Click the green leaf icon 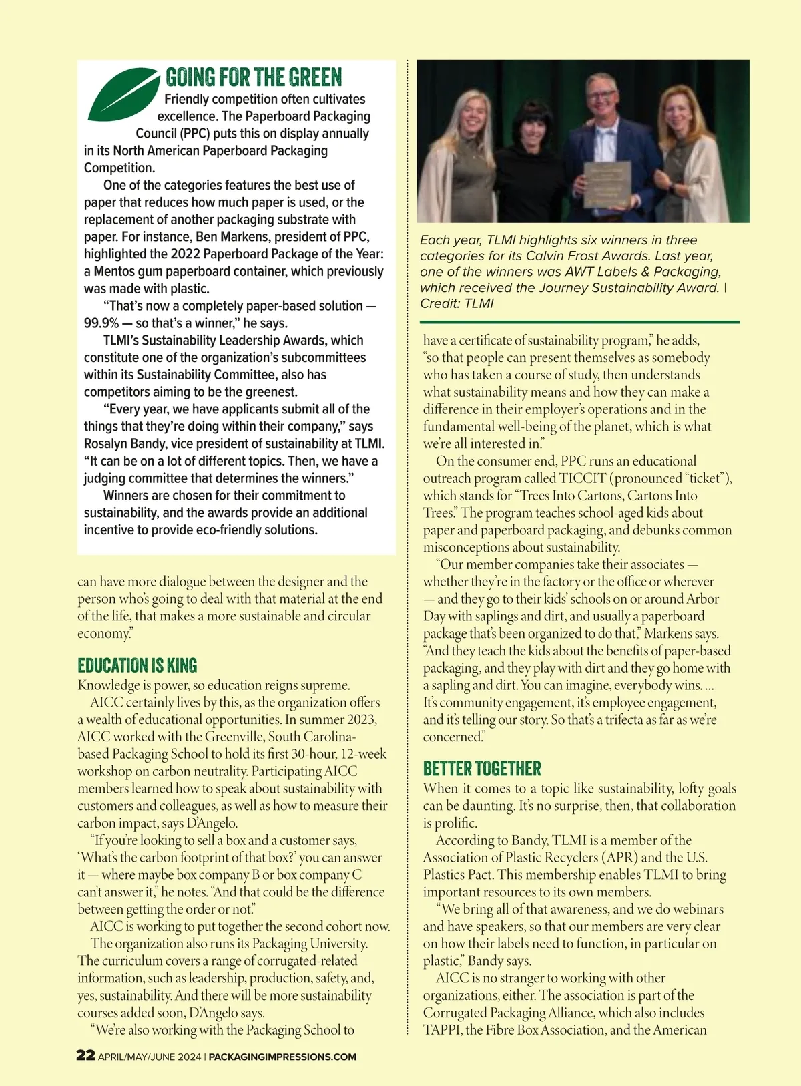click(124, 95)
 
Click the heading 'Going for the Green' click(254, 77)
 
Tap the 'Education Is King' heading click(138, 665)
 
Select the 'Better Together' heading click(482, 769)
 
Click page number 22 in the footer click(85, 1055)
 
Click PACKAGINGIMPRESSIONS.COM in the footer click(283, 1057)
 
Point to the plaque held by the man click(608, 184)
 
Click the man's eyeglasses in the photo click(600, 94)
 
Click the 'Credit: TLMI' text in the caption click(457, 303)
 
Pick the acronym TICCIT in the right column click(583, 478)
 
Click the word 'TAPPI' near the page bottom click(442, 1029)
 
